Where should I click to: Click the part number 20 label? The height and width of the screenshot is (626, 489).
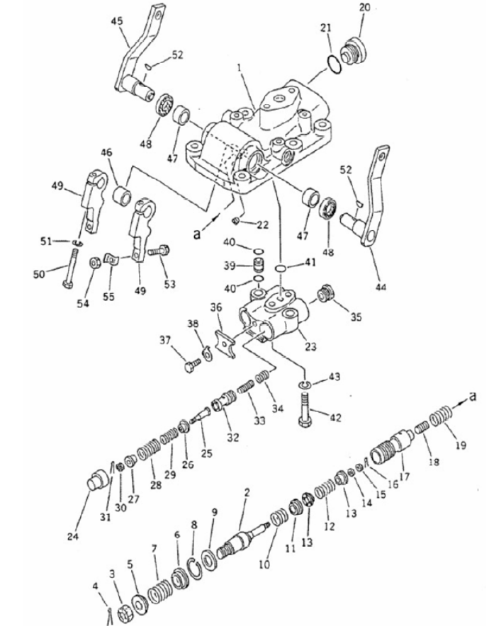[x=365, y=8]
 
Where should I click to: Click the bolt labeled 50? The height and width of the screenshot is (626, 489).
[x=71, y=268]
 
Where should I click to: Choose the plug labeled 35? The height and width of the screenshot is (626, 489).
[x=325, y=295]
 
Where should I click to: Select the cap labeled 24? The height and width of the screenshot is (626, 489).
[x=98, y=480]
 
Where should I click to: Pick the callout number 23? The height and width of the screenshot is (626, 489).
[x=310, y=346]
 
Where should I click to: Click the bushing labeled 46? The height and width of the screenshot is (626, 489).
[x=122, y=194]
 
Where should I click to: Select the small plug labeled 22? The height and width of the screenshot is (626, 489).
[x=236, y=220]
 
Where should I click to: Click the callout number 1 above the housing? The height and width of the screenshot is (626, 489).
[x=240, y=68]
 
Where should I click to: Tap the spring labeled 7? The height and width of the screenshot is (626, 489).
[x=159, y=590]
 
